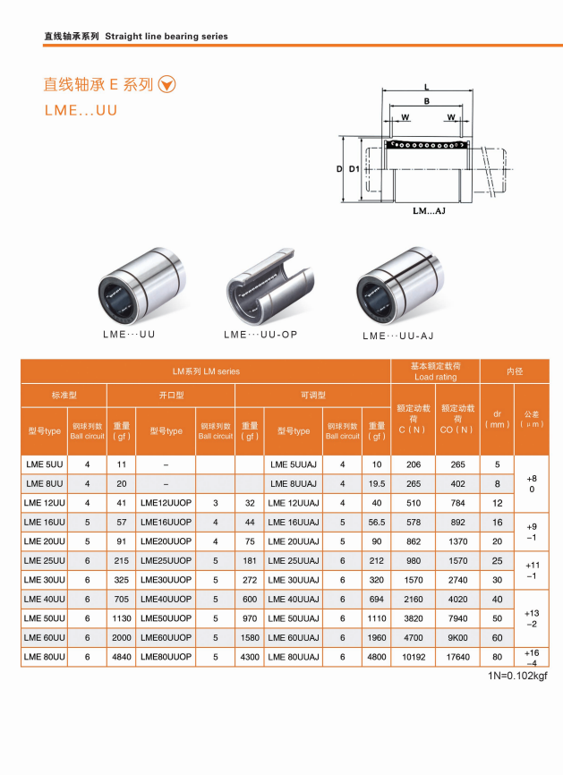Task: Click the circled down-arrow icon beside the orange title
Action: (x=166, y=84)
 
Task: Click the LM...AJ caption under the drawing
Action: (x=429, y=211)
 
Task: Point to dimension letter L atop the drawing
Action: (x=427, y=88)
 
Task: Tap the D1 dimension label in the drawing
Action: (x=354, y=169)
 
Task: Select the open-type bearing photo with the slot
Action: (x=270, y=285)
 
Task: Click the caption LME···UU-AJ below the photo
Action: (x=398, y=336)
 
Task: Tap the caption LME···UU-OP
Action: (x=260, y=335)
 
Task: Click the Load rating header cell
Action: (x=436, y=371)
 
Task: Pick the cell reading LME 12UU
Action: (x=45, y=503)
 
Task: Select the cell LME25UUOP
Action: (x=166, y=560)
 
